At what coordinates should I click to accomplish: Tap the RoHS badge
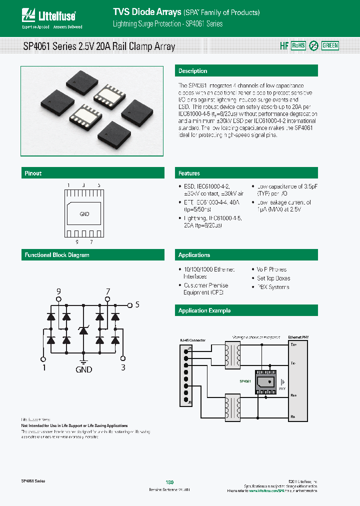pyautogui.click(x=298, y=45)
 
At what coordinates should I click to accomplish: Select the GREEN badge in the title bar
pyautogui.click(x=330, y=45)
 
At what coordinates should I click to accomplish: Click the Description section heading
pyautogui.click(x=192, y=71)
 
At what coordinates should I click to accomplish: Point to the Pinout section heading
pyautogui.click(x=33, y=173)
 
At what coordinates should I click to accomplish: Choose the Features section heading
pyautogui.click(x=189, y=173)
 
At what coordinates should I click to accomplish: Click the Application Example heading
pyautogui.click(x=204, y=310)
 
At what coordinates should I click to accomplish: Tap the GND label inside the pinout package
pyautogui.click(x=84, y=214)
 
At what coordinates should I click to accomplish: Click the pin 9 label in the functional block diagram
pyautogui.click(x=58, y=291)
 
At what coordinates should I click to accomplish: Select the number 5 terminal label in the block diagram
pyautogui.click(x=137, y=304)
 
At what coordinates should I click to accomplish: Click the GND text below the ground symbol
pyautogui.click(x=83, y=370)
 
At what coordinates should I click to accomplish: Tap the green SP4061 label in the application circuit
pyautogui.click(x=245, y=381)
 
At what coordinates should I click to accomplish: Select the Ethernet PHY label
pyautogui.click(x=298, y=337)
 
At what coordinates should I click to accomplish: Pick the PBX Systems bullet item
pyautogui.click(x=272, y=287)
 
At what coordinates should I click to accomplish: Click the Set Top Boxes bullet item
pyautogui.click(x=273, y=278)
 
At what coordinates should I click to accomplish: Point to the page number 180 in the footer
pyautogui.click(x=169, y=482)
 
